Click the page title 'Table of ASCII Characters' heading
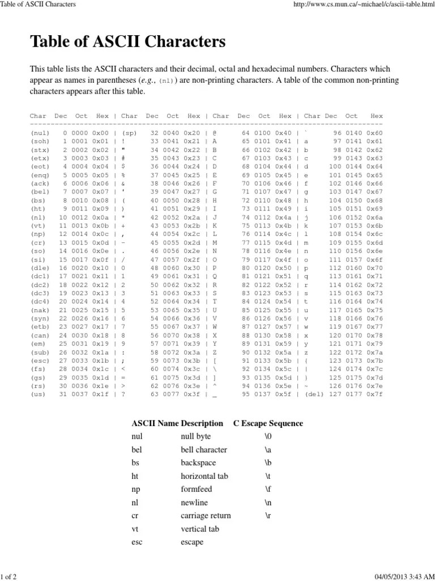tap(127, 41)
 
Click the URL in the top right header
tap(359, 5)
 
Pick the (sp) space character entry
tap(129, 132)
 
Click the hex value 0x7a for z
tap(374, 368)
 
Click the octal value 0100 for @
tap(264, 132)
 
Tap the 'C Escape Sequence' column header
tap(268, 423)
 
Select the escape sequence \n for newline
tap(268, 503)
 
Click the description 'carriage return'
tap(206, 516)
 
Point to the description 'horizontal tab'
tap(204, 477)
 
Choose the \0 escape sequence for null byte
tap(268, 437)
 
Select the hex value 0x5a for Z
tap(285, 368)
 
